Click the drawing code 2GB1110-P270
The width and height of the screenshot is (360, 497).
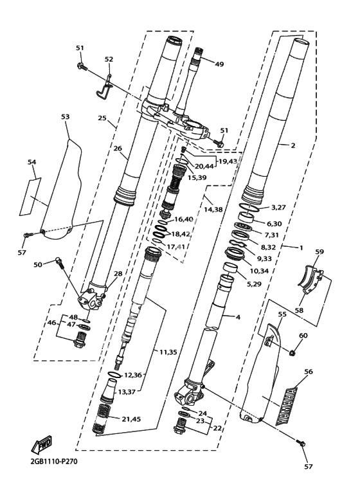[54, 461]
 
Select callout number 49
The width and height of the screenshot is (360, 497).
[219, 64]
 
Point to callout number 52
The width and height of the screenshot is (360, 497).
[109, 59]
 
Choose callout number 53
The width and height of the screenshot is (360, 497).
[66, 116]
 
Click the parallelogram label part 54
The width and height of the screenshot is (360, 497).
[31, 197]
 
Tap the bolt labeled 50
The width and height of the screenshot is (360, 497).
[60, 263]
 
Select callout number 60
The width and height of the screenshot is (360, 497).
[303, 336]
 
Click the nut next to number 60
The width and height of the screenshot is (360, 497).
[293, 352]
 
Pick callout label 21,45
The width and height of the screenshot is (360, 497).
[131, 419]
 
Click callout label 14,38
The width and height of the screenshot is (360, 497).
[213, 209]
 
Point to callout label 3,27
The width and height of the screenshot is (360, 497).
[278, 207]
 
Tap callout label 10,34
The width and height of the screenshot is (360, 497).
[259, 271]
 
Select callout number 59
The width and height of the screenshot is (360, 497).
[319, 251]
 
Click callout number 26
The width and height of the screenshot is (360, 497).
[118, 149]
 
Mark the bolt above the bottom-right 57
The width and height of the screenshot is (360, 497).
[301, 442]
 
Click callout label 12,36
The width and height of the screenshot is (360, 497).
[133, 375]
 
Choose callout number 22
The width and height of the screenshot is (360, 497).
[217, 428]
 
